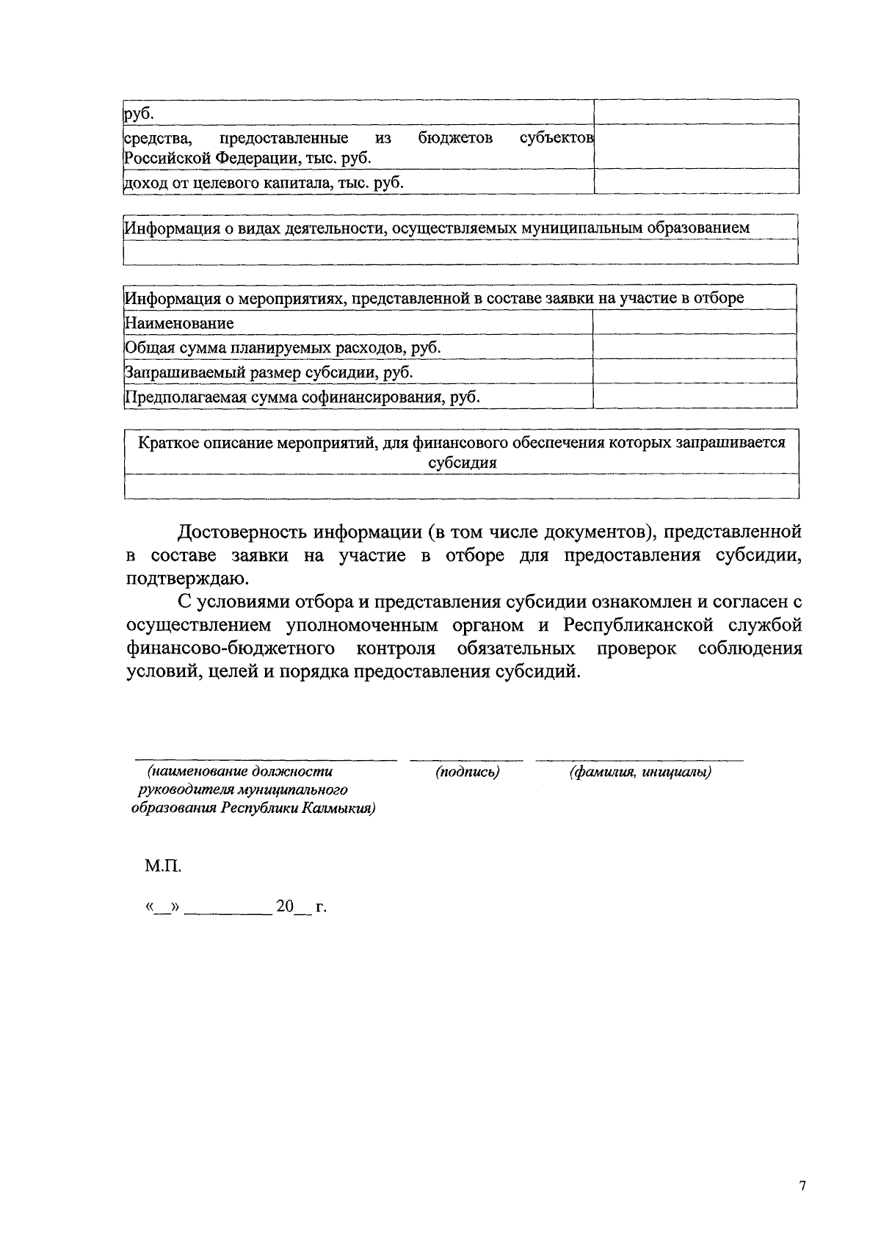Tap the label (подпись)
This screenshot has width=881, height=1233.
point(467,772)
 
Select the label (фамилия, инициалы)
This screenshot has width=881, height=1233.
point(640,772)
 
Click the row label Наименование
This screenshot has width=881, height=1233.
point(179,323)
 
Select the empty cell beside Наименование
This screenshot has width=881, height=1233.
point(695,322)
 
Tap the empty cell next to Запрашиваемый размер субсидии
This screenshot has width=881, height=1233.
point(695,372)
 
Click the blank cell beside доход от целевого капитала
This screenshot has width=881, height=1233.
point(696,181)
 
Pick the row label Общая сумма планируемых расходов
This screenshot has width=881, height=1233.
point(283,347)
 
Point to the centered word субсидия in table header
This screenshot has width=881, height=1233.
point(462,463)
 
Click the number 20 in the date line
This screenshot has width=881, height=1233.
point(284,907)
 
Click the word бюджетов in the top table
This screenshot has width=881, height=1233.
point(455,137)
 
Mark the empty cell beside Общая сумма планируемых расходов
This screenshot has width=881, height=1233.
point(695,347)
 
